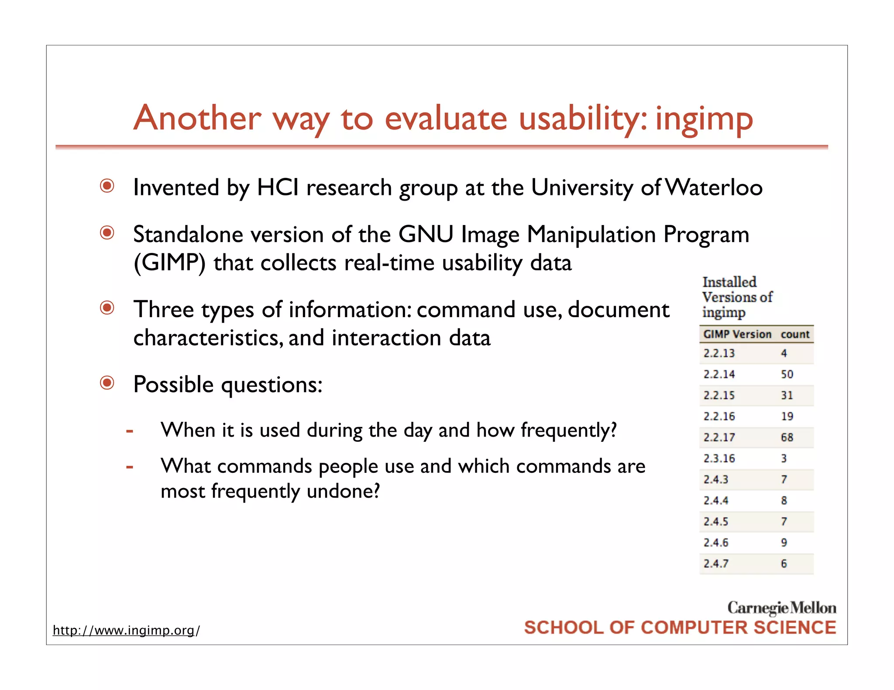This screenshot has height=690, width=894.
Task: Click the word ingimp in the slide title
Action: (x=704, y=120)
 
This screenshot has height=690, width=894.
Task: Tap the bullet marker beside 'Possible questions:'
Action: (x=107, y=383)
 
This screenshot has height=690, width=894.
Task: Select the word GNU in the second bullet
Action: (x=426, y=234)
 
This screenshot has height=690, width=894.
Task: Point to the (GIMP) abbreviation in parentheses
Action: (x=169, y=263)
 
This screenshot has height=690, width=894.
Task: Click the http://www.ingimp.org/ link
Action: (x=126, y=630)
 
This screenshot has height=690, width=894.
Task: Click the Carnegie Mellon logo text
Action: (x=781, y=608)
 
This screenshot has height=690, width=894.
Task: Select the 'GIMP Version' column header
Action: (x=737, y=335)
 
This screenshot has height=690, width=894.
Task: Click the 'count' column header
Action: (x=795, y=335)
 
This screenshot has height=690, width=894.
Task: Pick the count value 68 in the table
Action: (x=787, y=437)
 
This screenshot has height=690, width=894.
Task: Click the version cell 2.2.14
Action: (x=719, y=374)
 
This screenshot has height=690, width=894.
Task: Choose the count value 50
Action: (x=787, y=374)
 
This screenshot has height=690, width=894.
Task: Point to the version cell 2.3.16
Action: (x=719, y=458)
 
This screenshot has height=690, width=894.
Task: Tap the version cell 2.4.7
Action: (x=716, y=564)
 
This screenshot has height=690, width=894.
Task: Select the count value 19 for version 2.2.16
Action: (x=787, y=416)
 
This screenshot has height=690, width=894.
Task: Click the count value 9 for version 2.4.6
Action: (x=784, y=543)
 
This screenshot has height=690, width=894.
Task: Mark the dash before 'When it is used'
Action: (x=129, y=431)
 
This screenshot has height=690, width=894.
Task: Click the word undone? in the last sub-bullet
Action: (x=343, y=492)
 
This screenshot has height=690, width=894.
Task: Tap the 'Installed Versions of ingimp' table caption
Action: (x=737, y=297)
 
